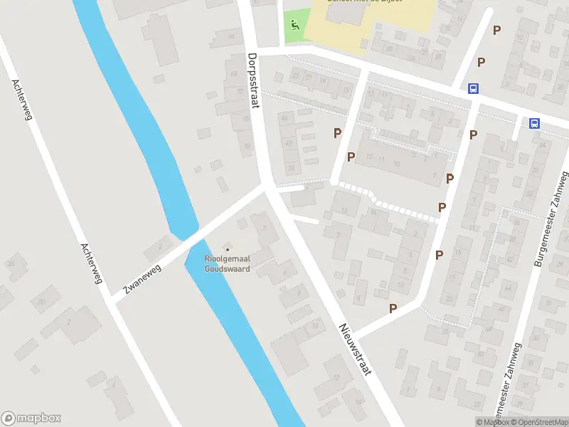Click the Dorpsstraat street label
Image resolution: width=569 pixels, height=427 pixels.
(x=252, y=80)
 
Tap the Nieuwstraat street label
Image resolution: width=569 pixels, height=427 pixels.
(x=355, y=349)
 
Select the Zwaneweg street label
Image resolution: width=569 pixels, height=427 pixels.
(x=144, y=278)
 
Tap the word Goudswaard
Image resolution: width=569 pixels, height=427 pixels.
(x=227, y=269)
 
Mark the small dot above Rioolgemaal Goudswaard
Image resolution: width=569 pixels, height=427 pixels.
(x=228, y=249)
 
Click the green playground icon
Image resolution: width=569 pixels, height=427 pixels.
(x=295, y=25)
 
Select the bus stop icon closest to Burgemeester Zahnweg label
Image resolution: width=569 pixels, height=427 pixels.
(x=534, y=123)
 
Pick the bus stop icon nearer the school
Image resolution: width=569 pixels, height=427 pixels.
(x=472, y=89)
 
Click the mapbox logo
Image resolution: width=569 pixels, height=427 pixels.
(x=31, y=418)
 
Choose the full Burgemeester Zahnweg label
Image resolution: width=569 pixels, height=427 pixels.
(x=549, y=218)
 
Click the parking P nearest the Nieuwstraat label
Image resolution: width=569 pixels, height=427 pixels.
(x=393, y=308)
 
